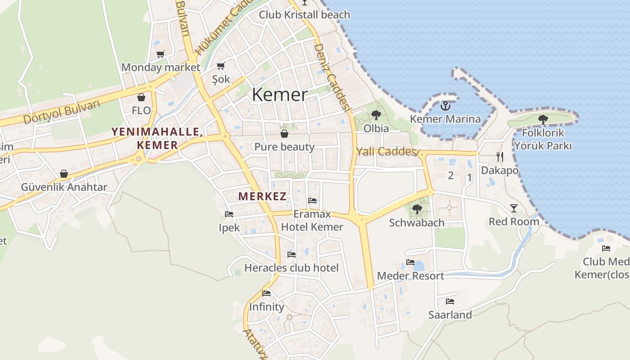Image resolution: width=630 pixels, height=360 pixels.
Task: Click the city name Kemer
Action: tap(280, 94)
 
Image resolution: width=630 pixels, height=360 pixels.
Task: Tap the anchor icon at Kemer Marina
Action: tap(445, 106)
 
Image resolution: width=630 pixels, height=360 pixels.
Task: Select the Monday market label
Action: tap(161, 67)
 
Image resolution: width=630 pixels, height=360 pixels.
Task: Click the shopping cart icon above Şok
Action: tap(220, 66)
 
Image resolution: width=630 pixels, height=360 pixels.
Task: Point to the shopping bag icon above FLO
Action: tap(141, 97)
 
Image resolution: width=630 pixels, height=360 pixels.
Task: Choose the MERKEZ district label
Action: tap(262, 196)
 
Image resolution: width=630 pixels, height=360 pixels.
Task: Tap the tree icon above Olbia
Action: tap(376, 115)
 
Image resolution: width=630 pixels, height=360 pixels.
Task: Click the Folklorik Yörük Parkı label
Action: tap(543, 139)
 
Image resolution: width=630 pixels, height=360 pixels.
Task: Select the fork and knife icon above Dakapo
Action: tap(499, 157)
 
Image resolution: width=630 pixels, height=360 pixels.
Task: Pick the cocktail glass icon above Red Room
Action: tap(514, 208)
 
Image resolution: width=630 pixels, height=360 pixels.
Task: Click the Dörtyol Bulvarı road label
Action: tap(61, 112)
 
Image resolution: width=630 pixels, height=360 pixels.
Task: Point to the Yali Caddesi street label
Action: tap(386, 152)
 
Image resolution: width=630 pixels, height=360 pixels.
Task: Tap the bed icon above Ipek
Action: tap(229, 214)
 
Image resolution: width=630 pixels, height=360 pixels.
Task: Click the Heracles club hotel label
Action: tap(291, 268)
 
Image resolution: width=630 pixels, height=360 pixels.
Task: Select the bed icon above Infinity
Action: tap(266, 293)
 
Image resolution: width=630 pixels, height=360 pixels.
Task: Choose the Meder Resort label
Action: tap(410, 275)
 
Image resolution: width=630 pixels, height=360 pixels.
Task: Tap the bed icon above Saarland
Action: tap(450, 301)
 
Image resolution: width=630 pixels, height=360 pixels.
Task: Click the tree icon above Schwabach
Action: tap(417, 209)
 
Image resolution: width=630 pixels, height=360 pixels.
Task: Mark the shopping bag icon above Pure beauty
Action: tap(284, 134)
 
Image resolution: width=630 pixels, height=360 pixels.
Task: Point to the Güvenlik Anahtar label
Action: tap(64, 187)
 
